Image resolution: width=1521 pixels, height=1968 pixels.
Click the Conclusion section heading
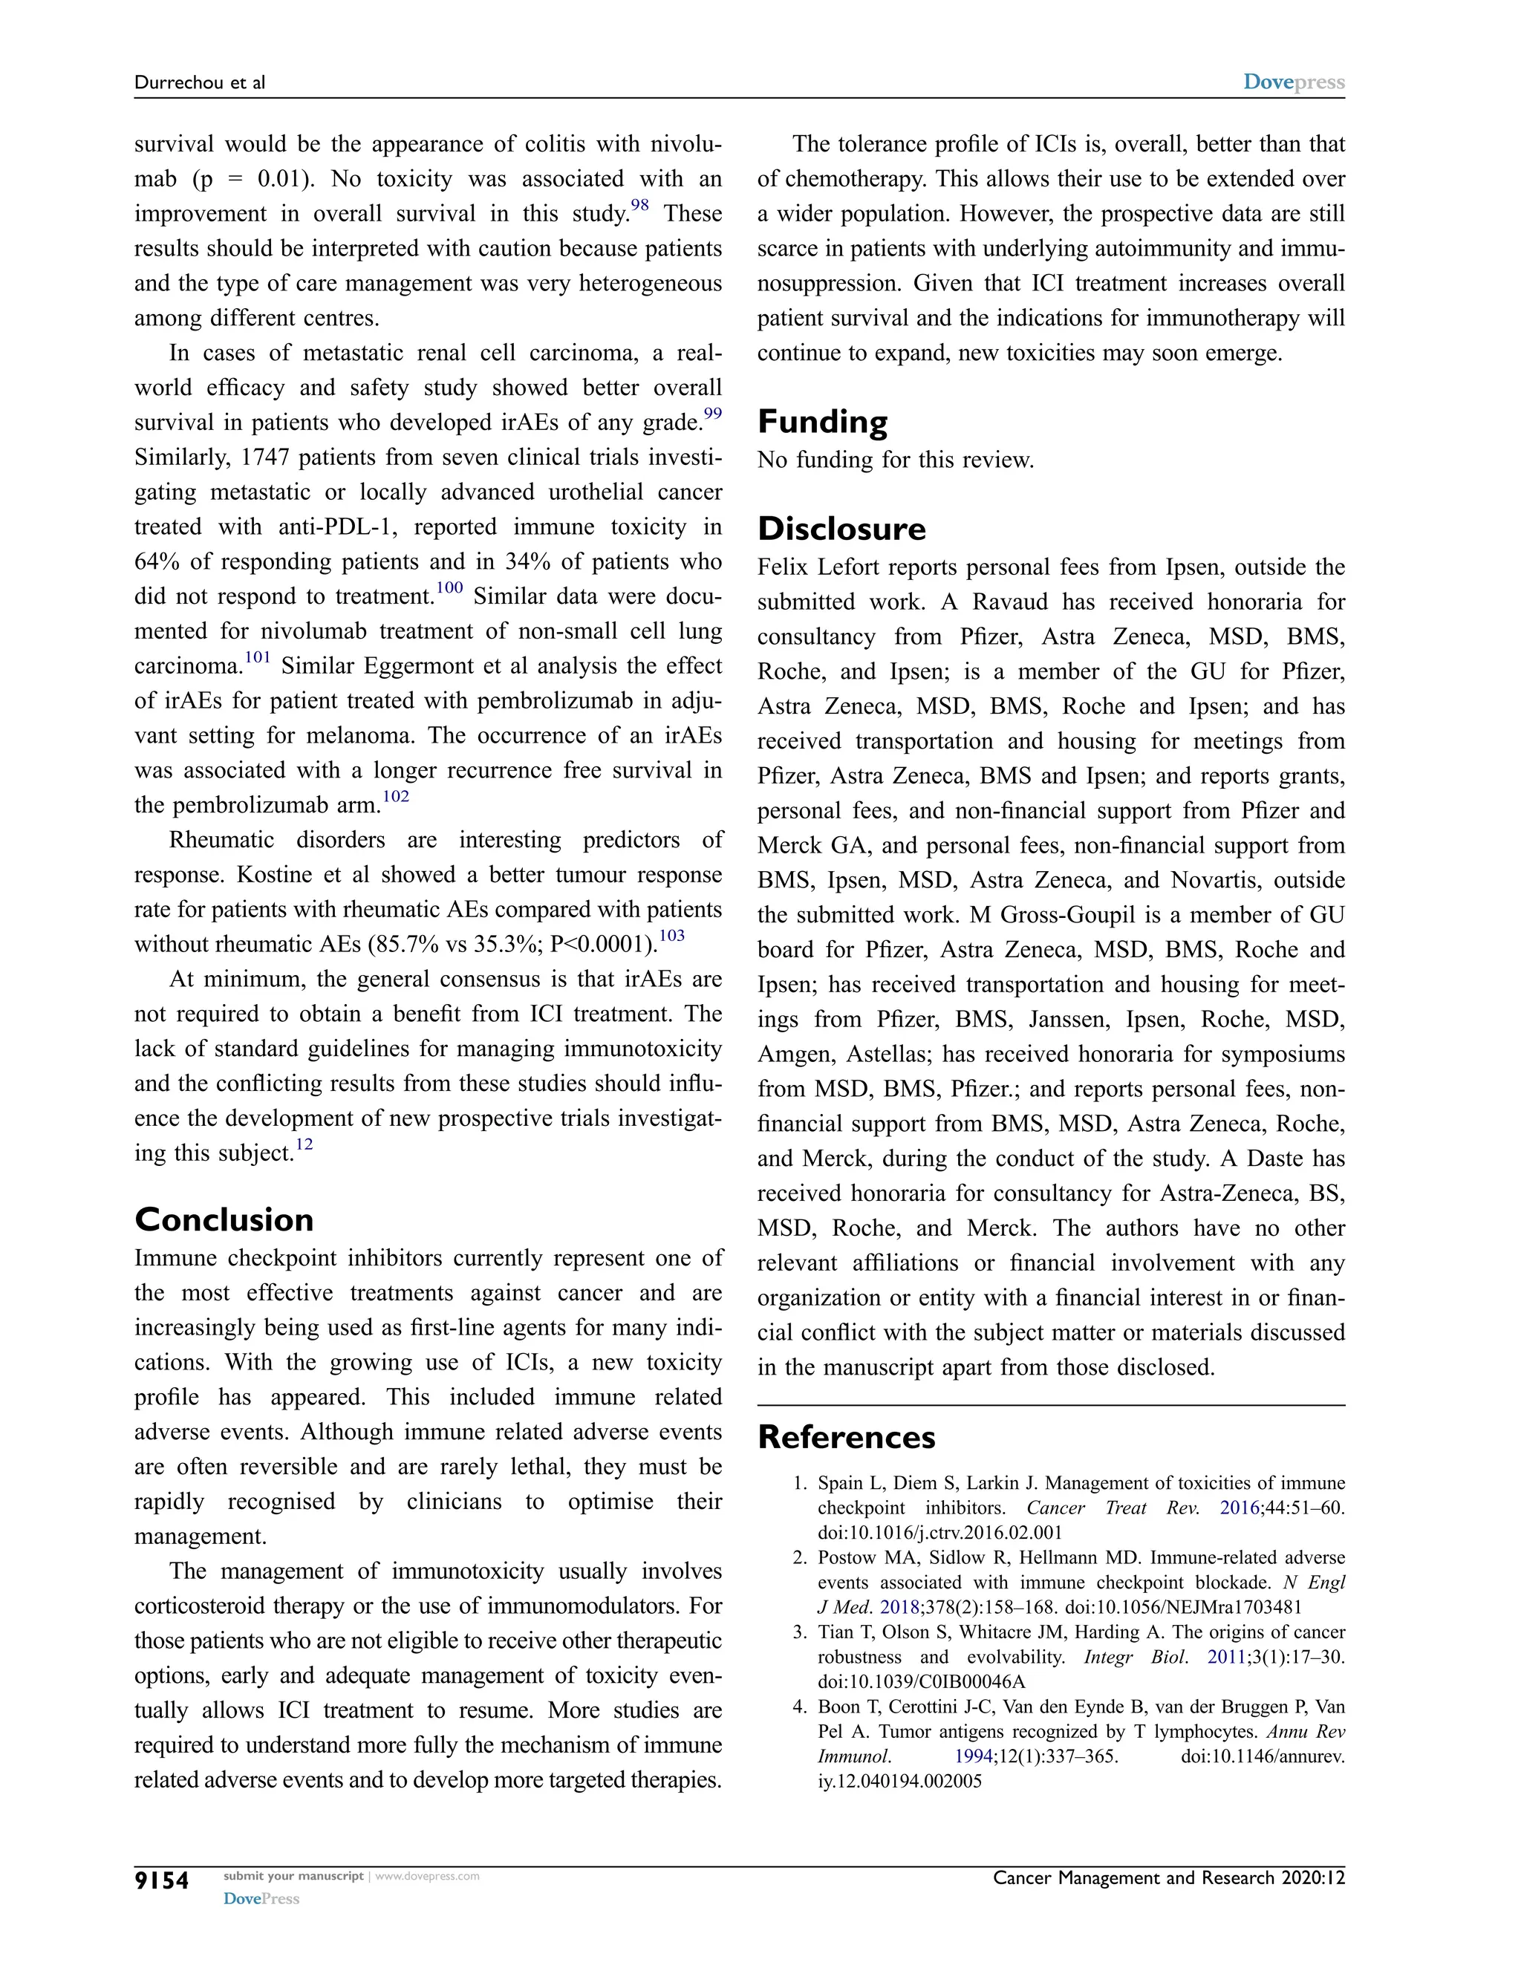(224, 1220)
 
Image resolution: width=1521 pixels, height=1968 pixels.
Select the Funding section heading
(822, 422)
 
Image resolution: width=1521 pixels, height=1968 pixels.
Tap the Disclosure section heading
(841, 528)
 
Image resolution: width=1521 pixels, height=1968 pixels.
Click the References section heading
(846, 1437)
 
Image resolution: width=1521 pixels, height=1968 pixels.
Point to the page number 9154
(162, 1882)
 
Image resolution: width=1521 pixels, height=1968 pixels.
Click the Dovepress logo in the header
(1294, 82)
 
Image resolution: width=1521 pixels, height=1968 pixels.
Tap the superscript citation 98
(639, 206)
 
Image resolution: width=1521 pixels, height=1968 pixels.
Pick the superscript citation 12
(304, 1145)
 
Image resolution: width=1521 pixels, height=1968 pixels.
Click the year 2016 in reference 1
(1239, 1508)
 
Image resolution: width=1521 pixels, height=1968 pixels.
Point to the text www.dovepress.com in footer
(427, 1877)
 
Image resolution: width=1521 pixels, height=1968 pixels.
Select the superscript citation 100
(449, 588)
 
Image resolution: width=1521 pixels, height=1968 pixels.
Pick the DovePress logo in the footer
(261, 1900)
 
